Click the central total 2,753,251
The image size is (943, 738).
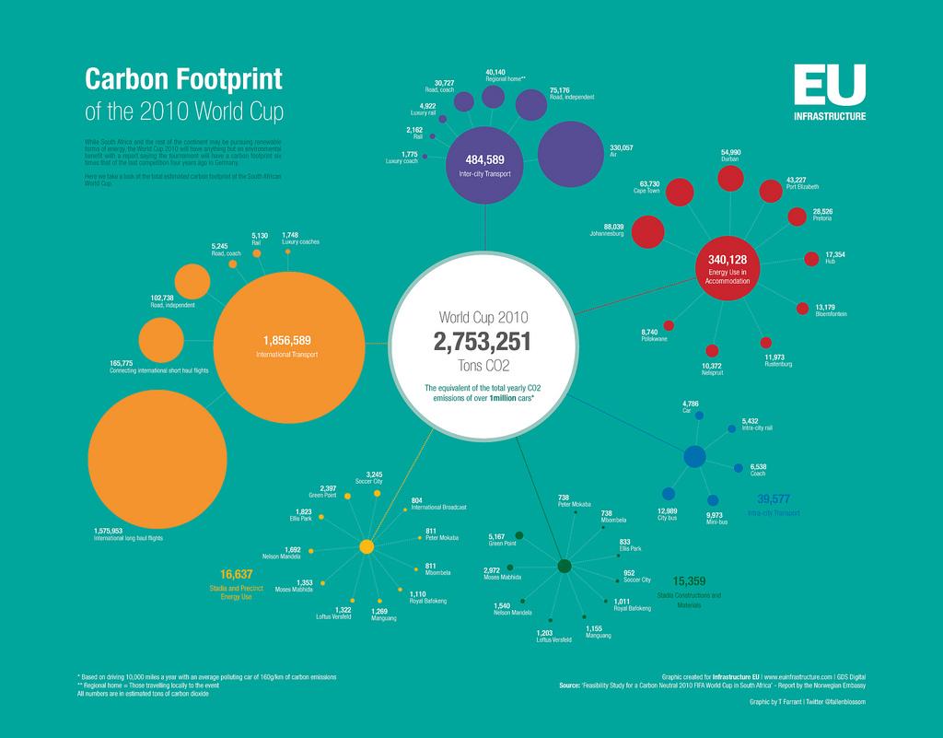click(483, 343)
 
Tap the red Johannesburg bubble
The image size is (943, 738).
click(647, 232)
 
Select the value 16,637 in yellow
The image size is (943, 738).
click(237, 574)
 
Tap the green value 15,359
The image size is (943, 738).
click(689, 580)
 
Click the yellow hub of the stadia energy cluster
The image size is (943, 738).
click(366, 546)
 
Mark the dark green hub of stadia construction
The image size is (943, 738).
click(565, 566)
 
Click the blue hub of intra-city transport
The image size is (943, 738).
click(695, 456)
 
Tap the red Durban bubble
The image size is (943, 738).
click(730, 178)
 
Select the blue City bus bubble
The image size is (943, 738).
click(668, 495)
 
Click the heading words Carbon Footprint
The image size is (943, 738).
click(183, 79)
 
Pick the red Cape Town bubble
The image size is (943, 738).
click(680, 193)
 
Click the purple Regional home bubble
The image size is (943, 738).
click(494, 97)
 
